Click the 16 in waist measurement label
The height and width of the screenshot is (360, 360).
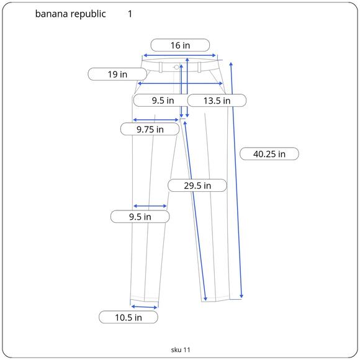pos(180,45)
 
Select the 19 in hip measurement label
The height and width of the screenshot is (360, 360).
pos(117,74)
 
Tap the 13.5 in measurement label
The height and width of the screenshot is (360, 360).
pos(217,101)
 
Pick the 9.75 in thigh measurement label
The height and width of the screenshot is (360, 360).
pos(150,129)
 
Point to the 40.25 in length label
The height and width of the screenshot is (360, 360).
pos(269,154)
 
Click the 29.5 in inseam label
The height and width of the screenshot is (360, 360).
pos(197,186)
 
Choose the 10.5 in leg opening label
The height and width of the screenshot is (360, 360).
pos(128,318)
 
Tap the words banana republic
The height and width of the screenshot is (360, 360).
pos(71,14)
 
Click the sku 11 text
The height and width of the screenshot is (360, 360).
pos(181,349)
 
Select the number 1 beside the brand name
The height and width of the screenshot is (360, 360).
pos(130,14)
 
